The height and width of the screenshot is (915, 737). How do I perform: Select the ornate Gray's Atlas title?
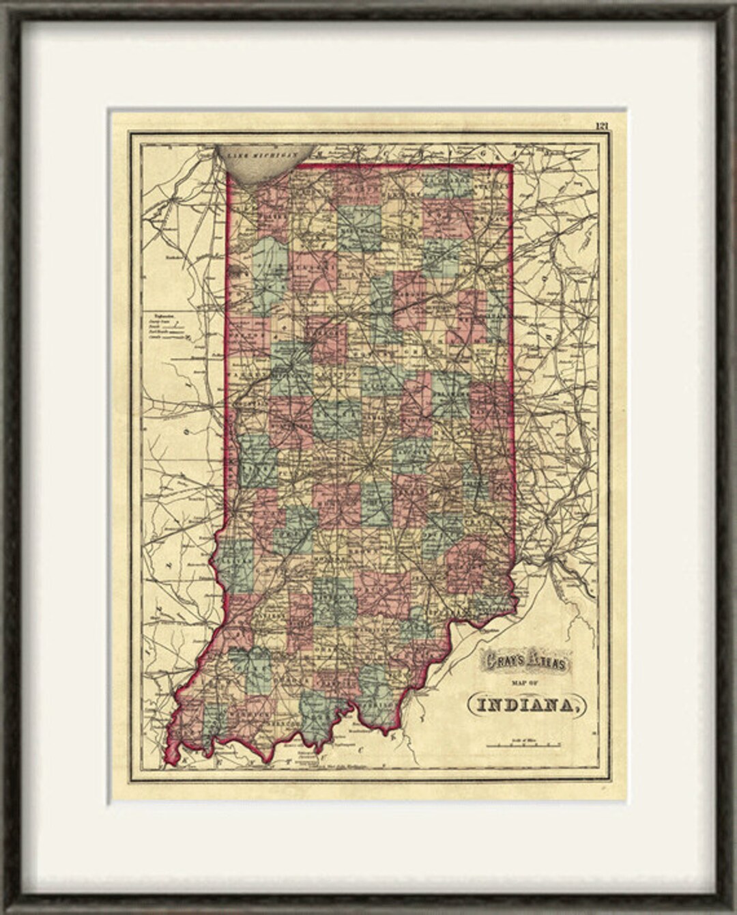click(x=520, y=660)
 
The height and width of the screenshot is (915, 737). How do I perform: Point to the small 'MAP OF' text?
click(x=521, y=681)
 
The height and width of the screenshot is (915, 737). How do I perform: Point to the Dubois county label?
click(x=285, y=658)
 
